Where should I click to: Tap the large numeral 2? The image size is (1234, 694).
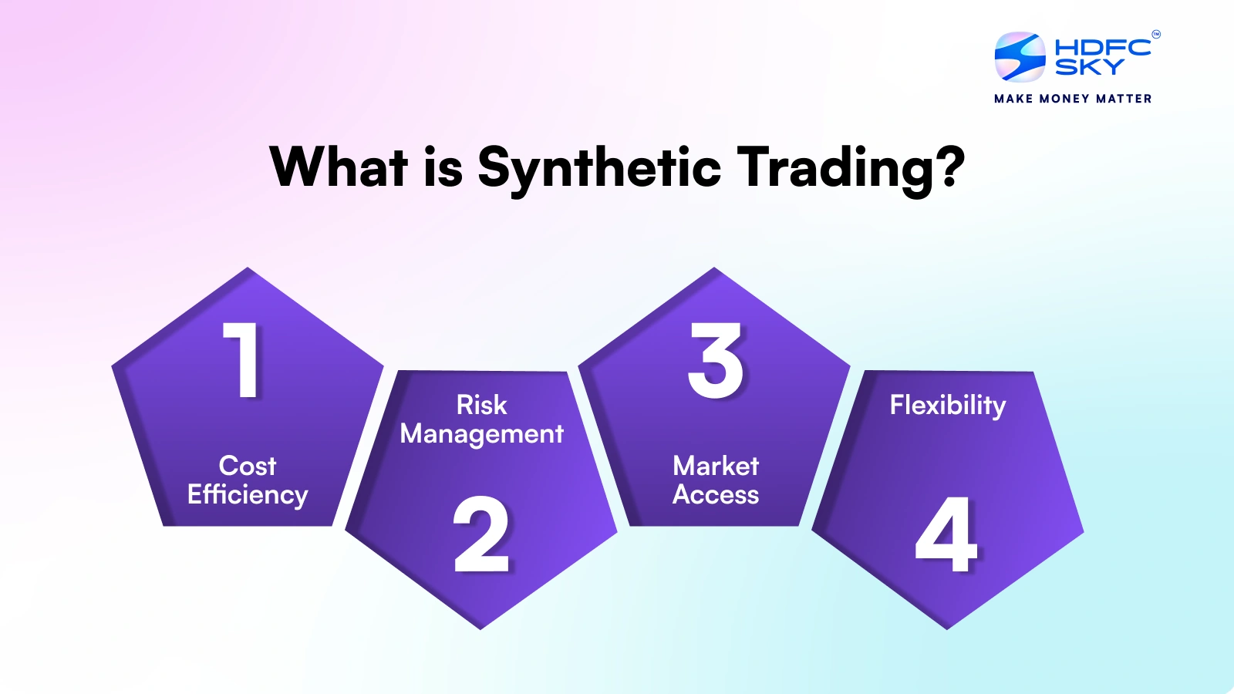pyautogui.click(x=481, y=534)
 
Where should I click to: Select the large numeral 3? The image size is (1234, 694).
pyautogui.click(x=716, y=360)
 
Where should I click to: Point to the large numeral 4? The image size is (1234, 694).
pyautogui.click(x=946, y=534)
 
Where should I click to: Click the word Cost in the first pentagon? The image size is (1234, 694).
pyautogui.click(x=247, y=466)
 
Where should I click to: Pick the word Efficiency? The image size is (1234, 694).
pyautogui.click(x=247, y=495)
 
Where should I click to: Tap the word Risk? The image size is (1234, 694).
pyautogui.click(x=481, y=405)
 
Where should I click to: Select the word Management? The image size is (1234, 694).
pyautogui.click(x=481, y=434)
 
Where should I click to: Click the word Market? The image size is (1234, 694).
pyautogui.click(x=716, y=466)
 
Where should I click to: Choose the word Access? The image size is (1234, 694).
pyautogui.click(x=716, y=494)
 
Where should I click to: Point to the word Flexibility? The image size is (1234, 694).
pyautogui.click(x=948, y=406)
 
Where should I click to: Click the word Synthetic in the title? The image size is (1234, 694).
pyautogui.click(x=599, y=167)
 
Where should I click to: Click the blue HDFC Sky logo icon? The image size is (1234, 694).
pyautogui.click(x=1020, y=57)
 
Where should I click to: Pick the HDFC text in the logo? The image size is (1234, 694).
pyautogui.click(x=1102, y=47)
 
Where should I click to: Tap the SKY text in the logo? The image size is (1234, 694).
pyautogui.click(x=1089, y=68)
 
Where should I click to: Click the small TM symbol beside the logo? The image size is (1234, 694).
pyautogui.click(x=1155, y=34)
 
